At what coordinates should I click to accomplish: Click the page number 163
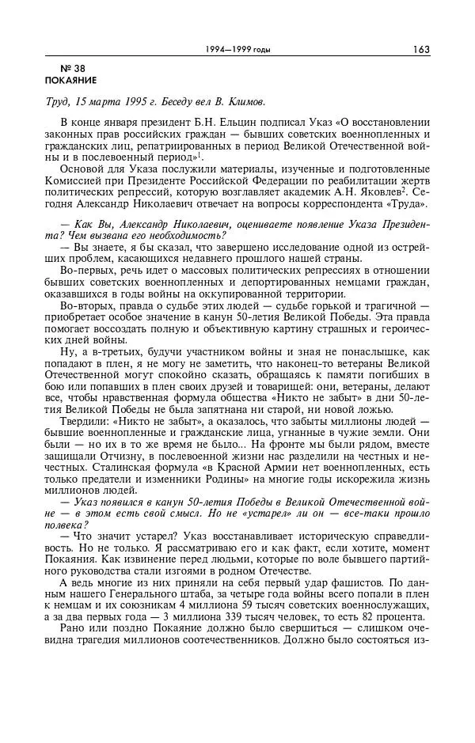[x=420, y=49]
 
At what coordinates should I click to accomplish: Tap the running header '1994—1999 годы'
[x=237, y=50]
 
